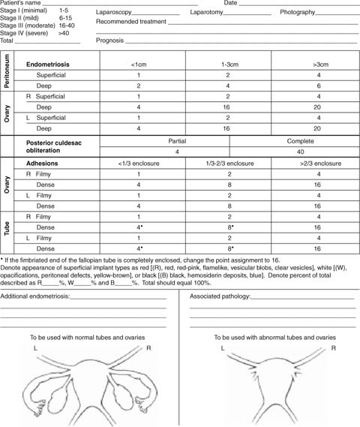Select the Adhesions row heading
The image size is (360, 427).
[x=43, y=163]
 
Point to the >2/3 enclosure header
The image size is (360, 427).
[x=317, y=163]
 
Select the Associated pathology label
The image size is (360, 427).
[x=220, y=296]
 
